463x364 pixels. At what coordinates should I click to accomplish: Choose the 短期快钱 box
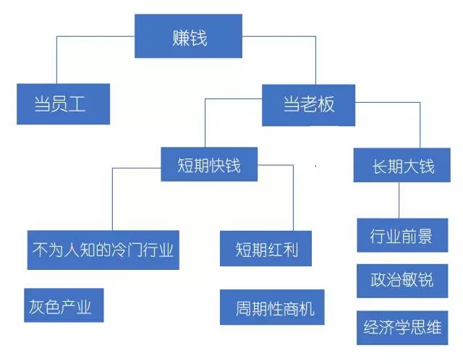pos(208,165)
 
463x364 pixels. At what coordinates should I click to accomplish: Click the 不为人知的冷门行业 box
pos(102,250)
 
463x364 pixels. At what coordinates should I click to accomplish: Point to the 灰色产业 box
pos(61,305)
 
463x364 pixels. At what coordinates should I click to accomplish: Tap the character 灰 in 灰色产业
pos(35,305)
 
